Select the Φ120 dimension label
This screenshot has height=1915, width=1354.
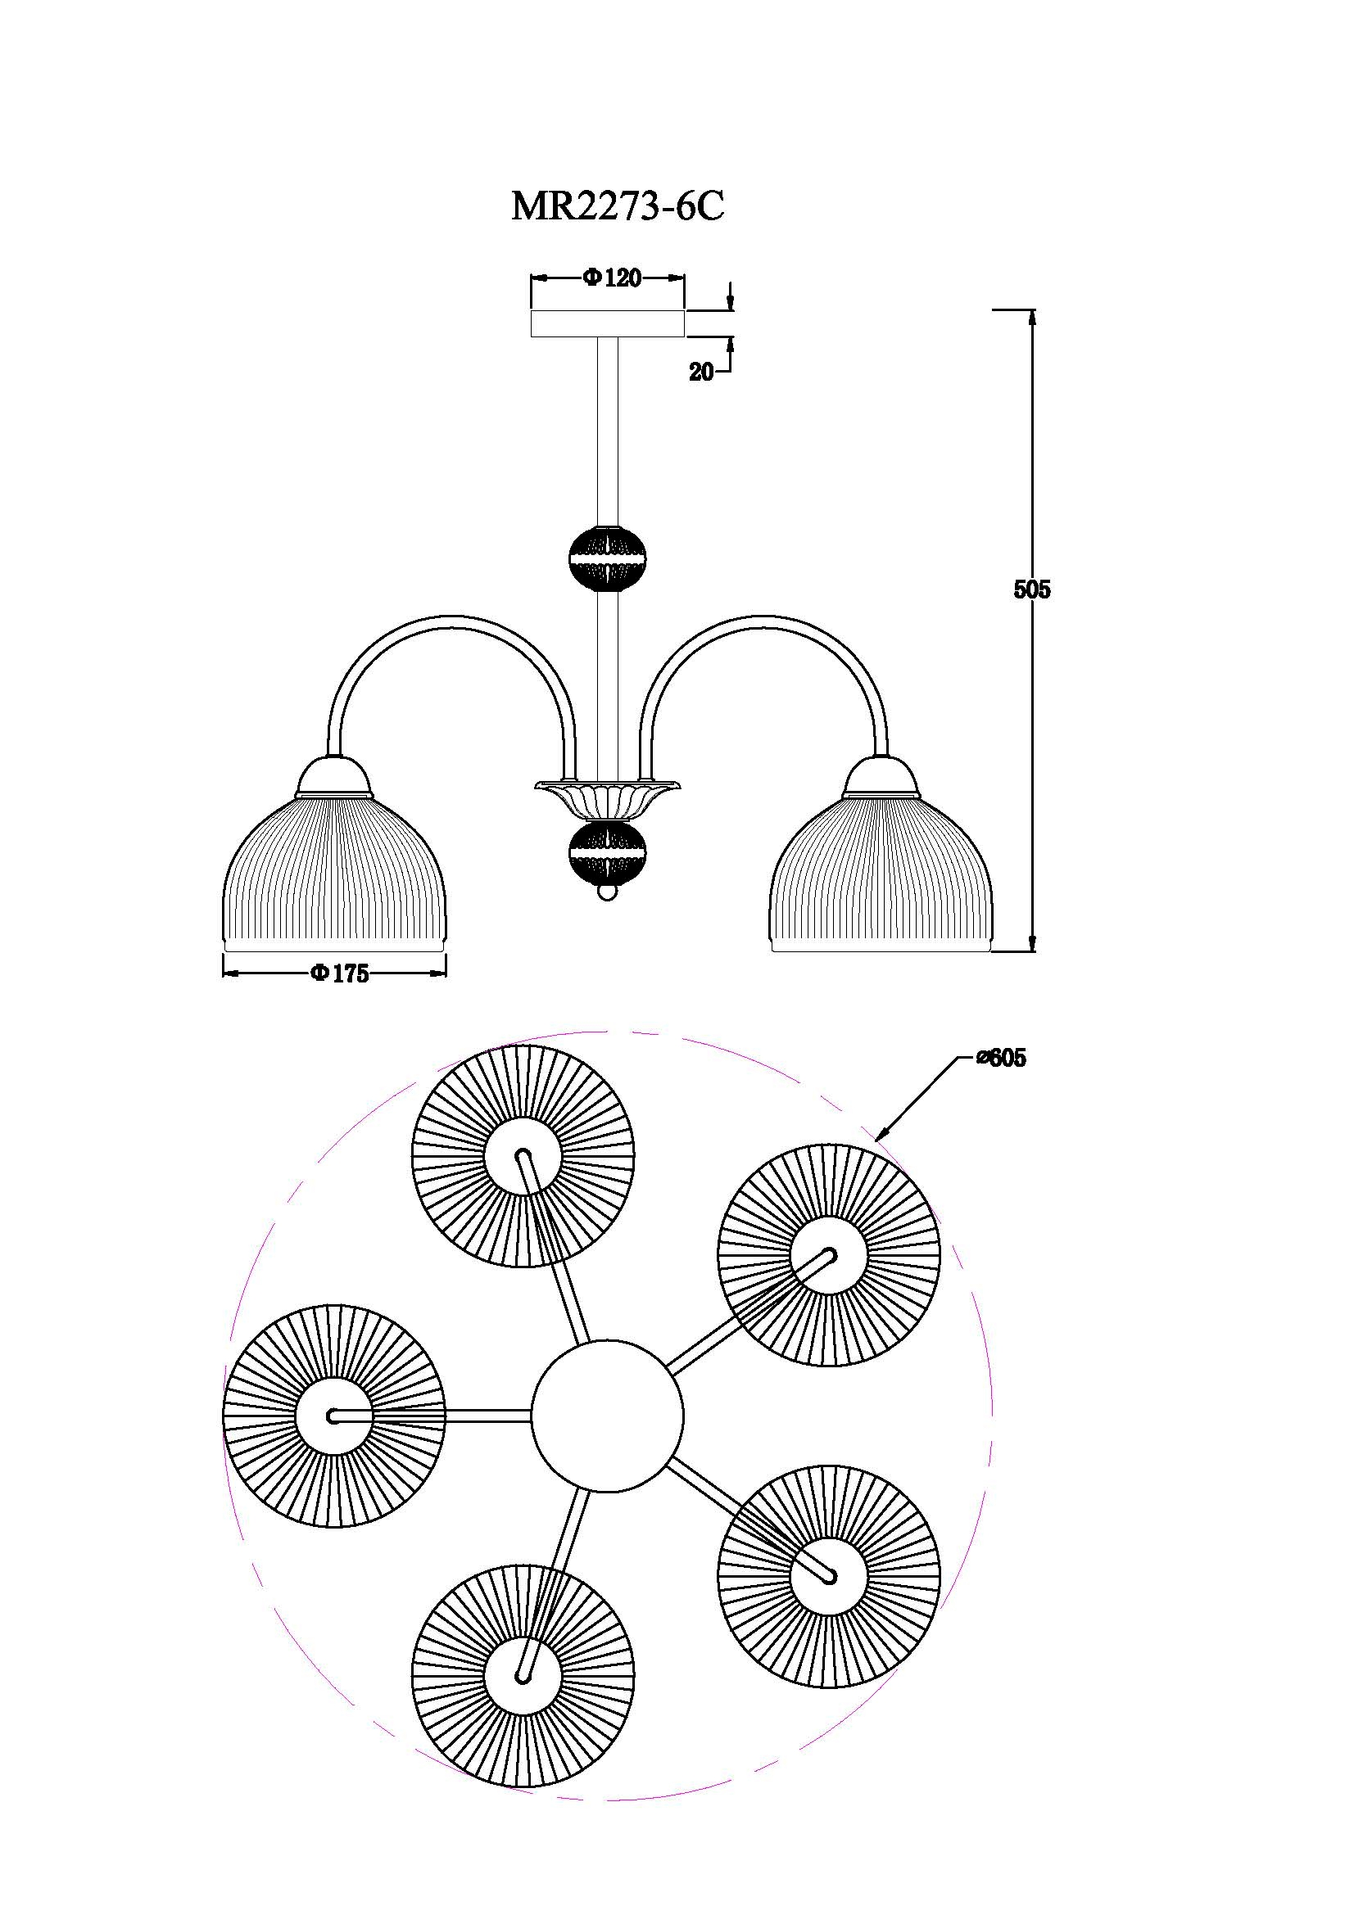pos(614,278)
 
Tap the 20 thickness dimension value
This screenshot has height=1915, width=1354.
pos(701,373)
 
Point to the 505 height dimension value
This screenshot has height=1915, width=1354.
pos(1032,589)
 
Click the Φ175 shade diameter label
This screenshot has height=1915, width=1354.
pos(340,973)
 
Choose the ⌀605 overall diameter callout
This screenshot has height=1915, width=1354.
pos(1001,1059)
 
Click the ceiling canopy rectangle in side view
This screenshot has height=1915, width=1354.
pos(608,323)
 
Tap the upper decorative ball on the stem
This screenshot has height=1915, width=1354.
pos(607,558)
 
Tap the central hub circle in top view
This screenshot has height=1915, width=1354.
pos(607,1416)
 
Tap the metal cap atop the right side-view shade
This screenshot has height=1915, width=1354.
pos(881,775)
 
